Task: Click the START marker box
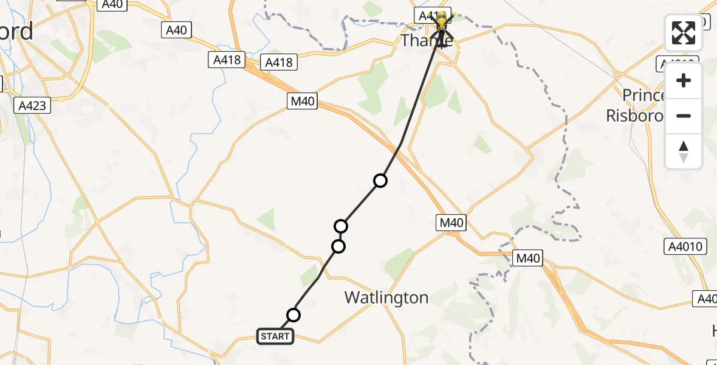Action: [x=275, y=336]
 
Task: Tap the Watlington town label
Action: [x=386, y=297]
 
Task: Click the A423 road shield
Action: [x=32, y=106]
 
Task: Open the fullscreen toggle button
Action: [x=684, y=33]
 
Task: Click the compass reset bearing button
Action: [x=684, y=151]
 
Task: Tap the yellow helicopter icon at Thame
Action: [x=442, y=23]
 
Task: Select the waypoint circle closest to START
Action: [x=293, y=315]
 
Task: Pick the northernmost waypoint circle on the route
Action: [x=380, y=181]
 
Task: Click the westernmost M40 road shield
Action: [x=303, y=101]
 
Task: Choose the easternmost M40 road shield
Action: [x=527, y=258]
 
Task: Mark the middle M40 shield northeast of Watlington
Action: [x=451, y=223]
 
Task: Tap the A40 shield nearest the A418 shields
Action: [x=176, y=30]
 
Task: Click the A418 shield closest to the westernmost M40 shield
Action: [x=279, y=62]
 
